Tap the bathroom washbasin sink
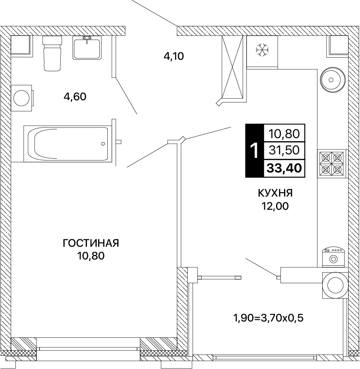pos(87,48)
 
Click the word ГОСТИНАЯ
pos(91,243)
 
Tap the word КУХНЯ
pos(275,193)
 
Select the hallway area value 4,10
pos(174,56)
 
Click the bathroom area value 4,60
pos(75,97)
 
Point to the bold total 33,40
pos(284,168)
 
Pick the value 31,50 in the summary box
pos(284,150)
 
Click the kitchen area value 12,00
pos(275,206)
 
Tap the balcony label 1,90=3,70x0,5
pos(268,318)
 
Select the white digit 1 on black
pos(254,150)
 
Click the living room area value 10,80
pos(91,256)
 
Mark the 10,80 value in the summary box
pos(284,134)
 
